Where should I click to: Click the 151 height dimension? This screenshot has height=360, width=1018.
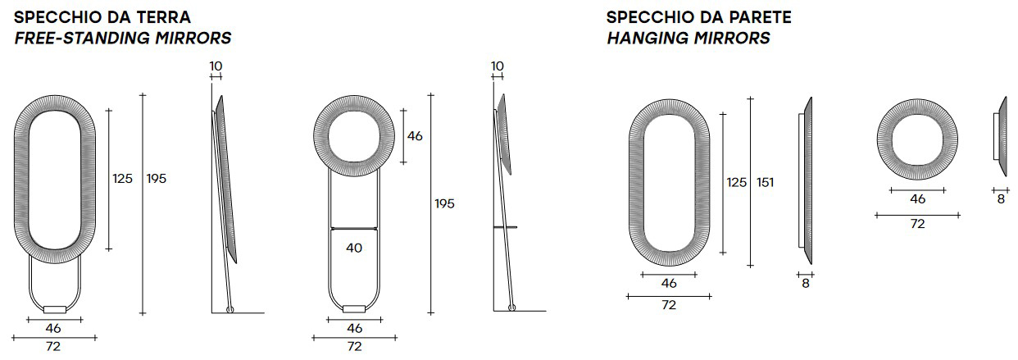[765, 182]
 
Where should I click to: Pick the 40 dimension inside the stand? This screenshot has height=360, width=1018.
[354, 248]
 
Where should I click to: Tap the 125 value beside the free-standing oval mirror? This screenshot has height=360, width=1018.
[123, 179]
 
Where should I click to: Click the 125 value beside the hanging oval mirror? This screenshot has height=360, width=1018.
[736, 182]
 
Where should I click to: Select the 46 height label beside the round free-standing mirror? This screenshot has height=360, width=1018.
[415, 136]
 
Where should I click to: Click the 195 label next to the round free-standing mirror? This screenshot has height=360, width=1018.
[444, 203]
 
